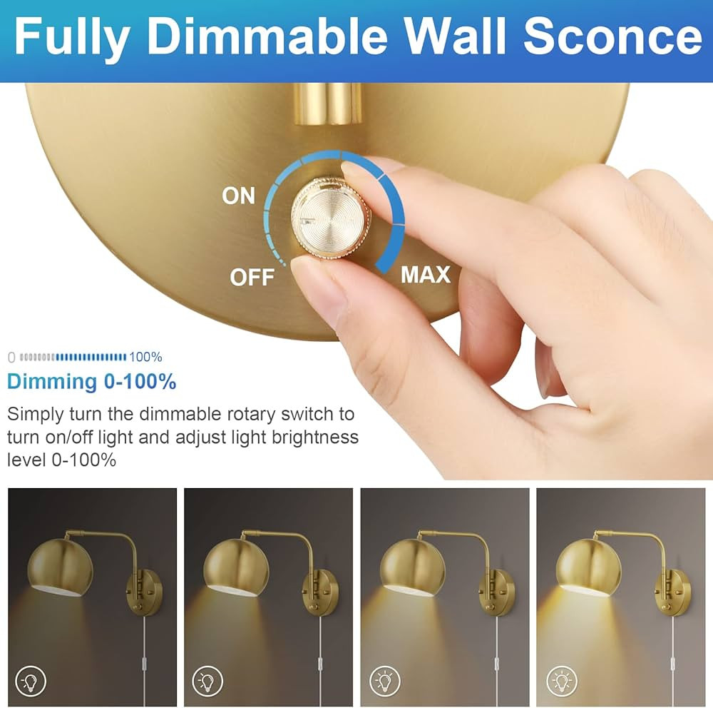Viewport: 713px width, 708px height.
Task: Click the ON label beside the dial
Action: pyautogui.click(x=238, y=196)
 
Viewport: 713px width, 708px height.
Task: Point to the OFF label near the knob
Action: pyautogui.click(x=252, y=277)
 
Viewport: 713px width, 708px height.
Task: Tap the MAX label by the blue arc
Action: pyautogui.click(x=426, y=275)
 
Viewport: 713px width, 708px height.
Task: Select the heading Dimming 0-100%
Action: pyautogui.click(x=91, y=382)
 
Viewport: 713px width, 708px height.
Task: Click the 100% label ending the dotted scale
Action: pyautogui.click(x=146, y=356)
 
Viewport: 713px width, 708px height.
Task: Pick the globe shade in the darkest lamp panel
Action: pyautogui.click(x=60, y=567)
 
